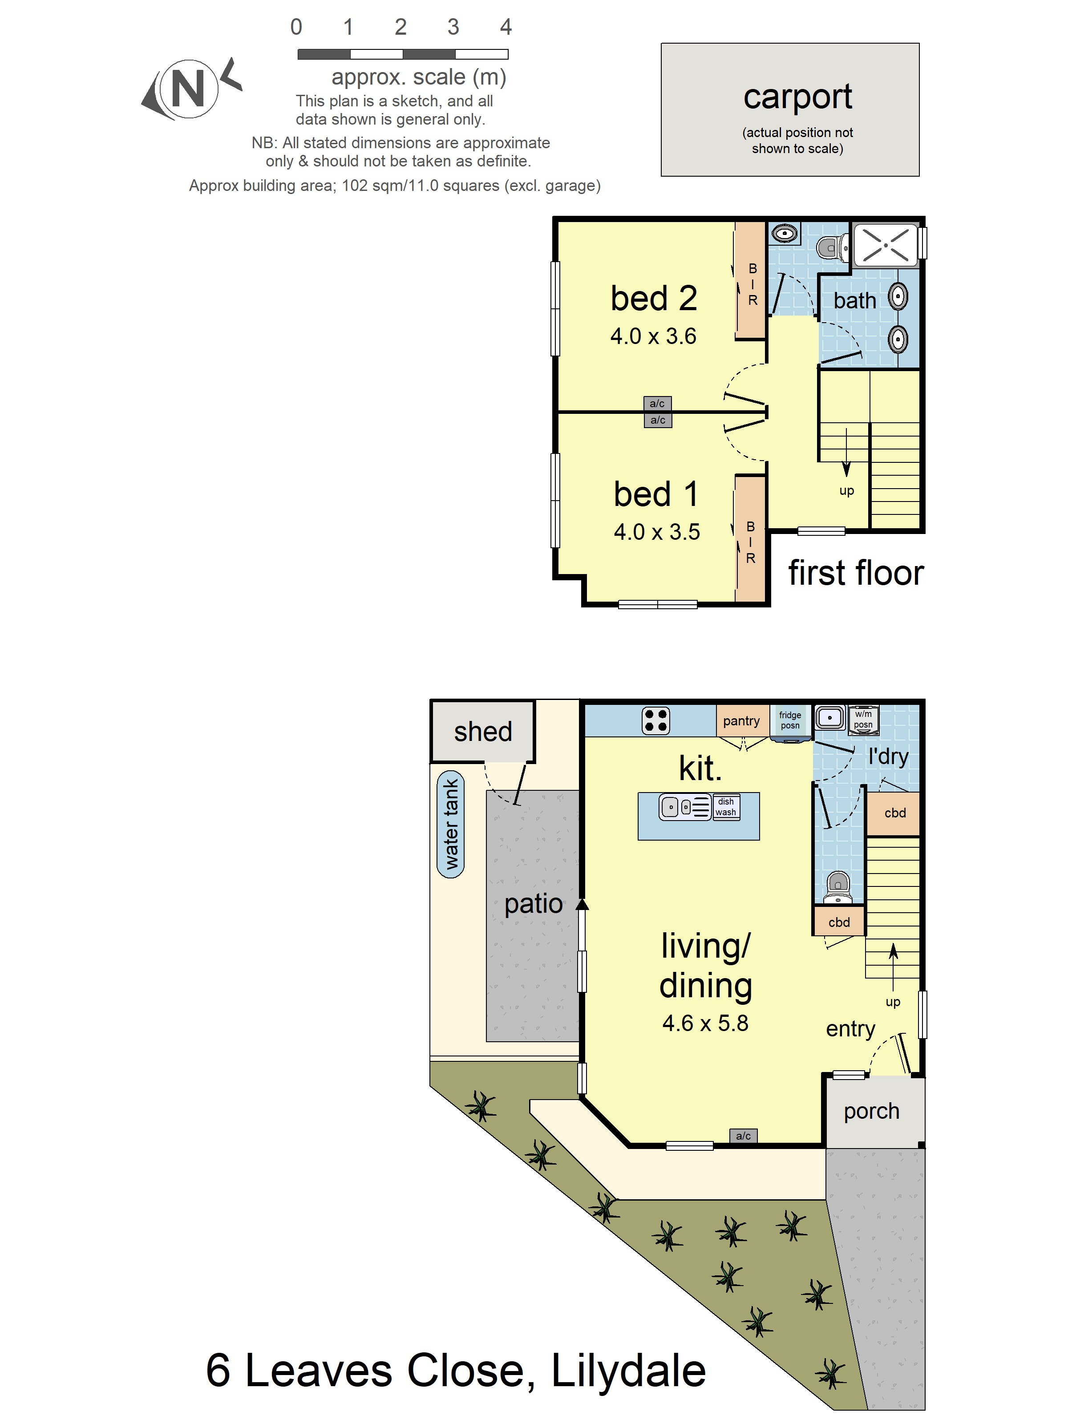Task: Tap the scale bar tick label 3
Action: (x=453, y=27)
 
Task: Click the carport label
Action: (x=797, y=97)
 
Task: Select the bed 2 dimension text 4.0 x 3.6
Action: (x=653, y=336)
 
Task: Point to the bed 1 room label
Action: (x=656, y=494)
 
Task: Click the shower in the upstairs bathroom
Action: (x=885, y=245)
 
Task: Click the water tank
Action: (x=451, y=824)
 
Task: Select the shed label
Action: (x=483, y=732)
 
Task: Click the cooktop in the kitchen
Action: (x=655, y=721)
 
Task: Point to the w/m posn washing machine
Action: (x=863, y=719)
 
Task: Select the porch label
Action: (x=872, y=1112)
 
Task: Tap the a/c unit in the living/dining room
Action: (x=743, y=1136)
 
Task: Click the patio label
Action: (x=534, y=904)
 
